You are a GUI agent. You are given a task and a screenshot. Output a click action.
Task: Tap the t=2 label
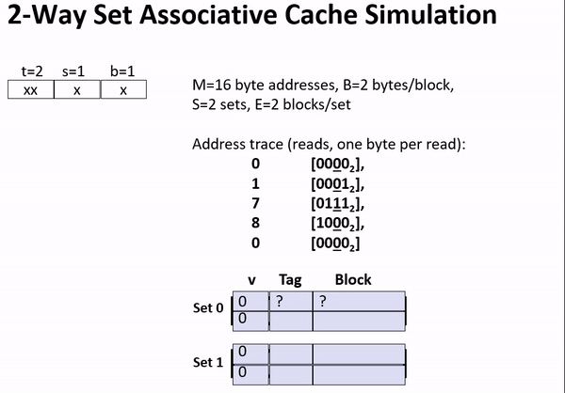[32, 71]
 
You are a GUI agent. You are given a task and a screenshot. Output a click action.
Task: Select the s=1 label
[76, 71]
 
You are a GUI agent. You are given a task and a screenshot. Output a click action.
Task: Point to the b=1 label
[122, 71]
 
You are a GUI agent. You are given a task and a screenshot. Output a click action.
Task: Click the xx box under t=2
[31, 90]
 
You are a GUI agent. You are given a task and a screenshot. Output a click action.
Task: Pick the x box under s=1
[76, 90]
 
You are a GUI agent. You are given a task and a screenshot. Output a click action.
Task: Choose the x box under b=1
[122, 90]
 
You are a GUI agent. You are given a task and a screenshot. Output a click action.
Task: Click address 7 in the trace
[255, 203]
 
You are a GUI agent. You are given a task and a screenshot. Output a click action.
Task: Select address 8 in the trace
[255, 223]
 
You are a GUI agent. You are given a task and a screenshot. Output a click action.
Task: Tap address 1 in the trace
[255, 183]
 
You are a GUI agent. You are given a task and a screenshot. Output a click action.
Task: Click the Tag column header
[290, 279]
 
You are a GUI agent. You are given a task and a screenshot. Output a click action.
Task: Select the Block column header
[353, 279]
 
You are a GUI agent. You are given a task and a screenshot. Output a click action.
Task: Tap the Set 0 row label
[209, 308]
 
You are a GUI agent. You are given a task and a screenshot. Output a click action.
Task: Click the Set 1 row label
[209, 362]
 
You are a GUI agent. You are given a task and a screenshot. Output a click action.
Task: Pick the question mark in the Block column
[322, 302]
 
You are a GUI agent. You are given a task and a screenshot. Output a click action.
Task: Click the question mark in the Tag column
[279, 302]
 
